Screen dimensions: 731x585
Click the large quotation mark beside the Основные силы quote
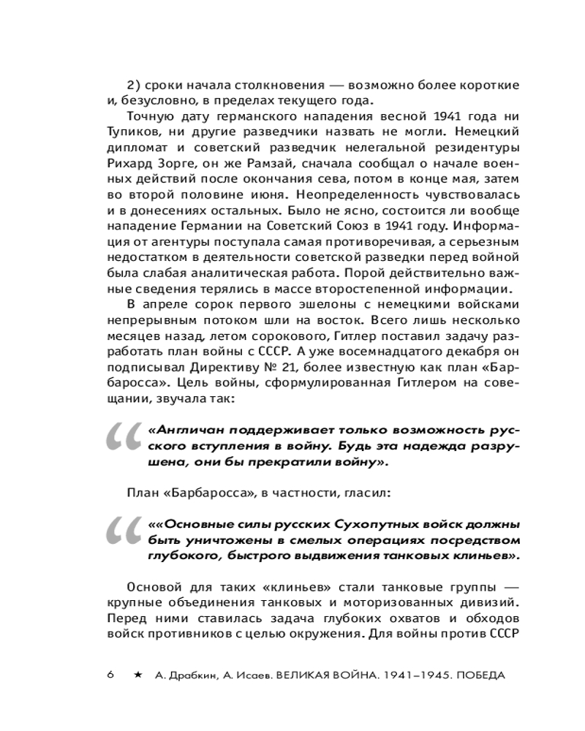pyautogui.click(x=121, y=538)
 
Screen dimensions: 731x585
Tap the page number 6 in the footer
pyautogui.click(x=110, y=674)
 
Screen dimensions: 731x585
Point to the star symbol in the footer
pyautogui.click(x=137, y=674)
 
